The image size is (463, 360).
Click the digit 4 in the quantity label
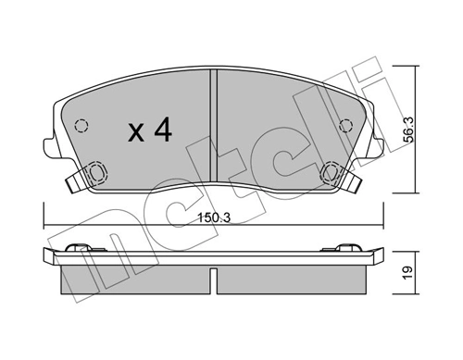coord(164,131)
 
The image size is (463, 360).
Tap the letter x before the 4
coord(136,133)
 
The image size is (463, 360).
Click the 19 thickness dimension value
coord(406,274)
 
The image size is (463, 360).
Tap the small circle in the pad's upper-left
coord(81,127)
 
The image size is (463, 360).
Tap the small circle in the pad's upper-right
coord(346,127)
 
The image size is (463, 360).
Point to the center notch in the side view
coord(214,275)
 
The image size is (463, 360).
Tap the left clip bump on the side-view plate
coord(81,248)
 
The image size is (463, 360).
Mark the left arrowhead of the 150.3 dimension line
coord(46,228)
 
